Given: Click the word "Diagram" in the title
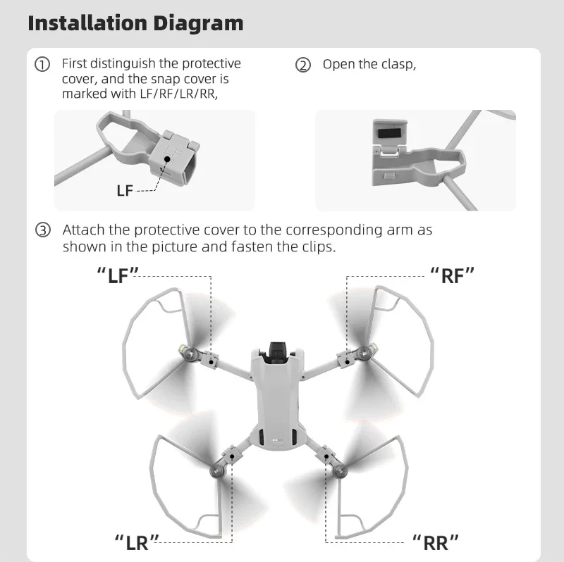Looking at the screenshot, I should click(x=200, y=23).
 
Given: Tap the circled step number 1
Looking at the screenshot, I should click(x=43, y=65).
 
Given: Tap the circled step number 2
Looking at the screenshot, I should click(x=303, y=65).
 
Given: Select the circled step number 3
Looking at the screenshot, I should click(x=43, y=230).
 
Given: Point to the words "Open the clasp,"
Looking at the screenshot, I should click(x=369, y=64).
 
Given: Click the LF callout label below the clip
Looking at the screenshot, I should click(x=124, y=190).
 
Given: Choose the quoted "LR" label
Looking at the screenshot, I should click(x=136, y=542).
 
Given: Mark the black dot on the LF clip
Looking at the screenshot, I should click(x=167, y=160).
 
